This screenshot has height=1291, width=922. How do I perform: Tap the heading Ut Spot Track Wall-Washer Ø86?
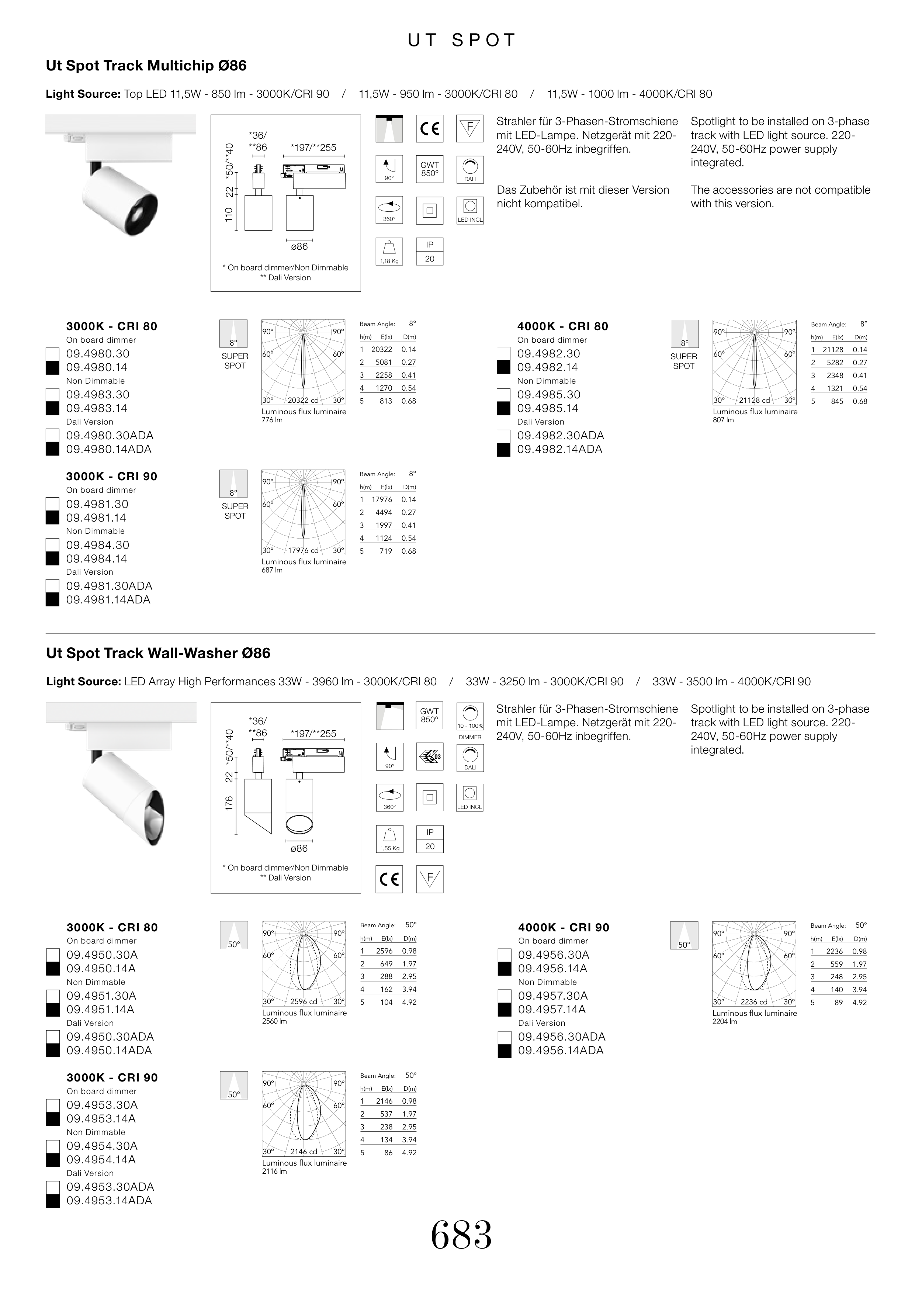click(158, 653)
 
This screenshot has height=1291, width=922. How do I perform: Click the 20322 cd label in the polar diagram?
click(303, 400)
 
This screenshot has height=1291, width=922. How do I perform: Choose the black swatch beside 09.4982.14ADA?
click(503, 450)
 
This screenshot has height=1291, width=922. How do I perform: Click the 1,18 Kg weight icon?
click(389, 252)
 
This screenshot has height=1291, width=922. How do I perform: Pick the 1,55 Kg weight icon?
click(389, 839)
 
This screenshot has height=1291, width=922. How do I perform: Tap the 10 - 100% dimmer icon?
click(470, 716)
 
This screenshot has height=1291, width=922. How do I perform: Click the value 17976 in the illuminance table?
click(381, 499)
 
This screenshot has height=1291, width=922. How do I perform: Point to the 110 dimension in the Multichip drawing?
click(229, 214)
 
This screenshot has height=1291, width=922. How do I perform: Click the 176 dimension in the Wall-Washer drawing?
click(229, 803)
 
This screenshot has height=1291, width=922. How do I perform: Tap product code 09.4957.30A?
click(553, 996)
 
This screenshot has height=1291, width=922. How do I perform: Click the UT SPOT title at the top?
click(461, 40)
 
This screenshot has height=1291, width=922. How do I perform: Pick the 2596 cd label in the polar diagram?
click(304, 1001)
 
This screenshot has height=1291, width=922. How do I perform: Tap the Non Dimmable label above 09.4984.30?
click(96, 531)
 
